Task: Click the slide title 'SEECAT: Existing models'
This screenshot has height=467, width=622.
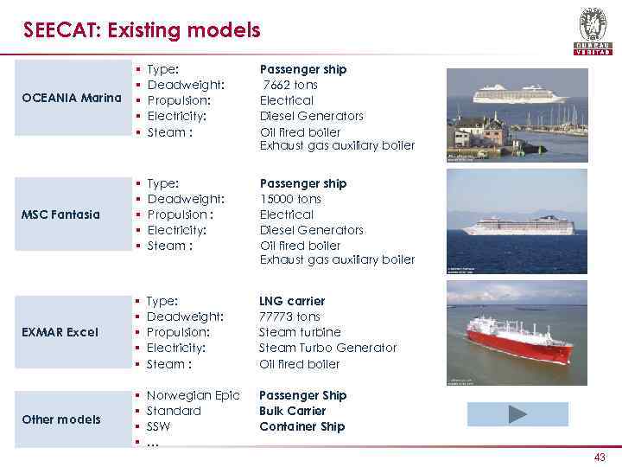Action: click(x=142, y=31)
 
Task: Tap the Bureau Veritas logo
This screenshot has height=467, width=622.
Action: click(x=593, y=30)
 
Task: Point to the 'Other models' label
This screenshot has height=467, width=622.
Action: click(x=61, y=419)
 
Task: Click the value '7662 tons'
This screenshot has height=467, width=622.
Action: click(x=290, y=85)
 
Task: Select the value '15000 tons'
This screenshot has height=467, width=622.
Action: click(x=290, y=199)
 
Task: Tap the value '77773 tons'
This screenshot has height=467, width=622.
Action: click(x=290, y=317)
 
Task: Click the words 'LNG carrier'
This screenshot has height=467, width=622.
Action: click(x=292, y=301)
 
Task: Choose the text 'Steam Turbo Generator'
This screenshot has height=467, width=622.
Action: click(x=327, y=348)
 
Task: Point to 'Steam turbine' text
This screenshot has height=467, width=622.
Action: click(x=300, y=332)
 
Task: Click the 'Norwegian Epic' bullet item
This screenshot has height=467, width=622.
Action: click(x=193, y=395)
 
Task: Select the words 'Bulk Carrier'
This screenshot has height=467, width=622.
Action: click(x=292, y=411)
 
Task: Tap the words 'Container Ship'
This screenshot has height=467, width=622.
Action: click(x=301, y=426)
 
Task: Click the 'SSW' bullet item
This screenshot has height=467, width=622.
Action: click(x=160, y=426)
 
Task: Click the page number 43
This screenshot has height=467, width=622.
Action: click(x=600, y=457)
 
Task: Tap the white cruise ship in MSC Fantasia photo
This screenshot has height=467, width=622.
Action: click(x=517, y=227)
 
